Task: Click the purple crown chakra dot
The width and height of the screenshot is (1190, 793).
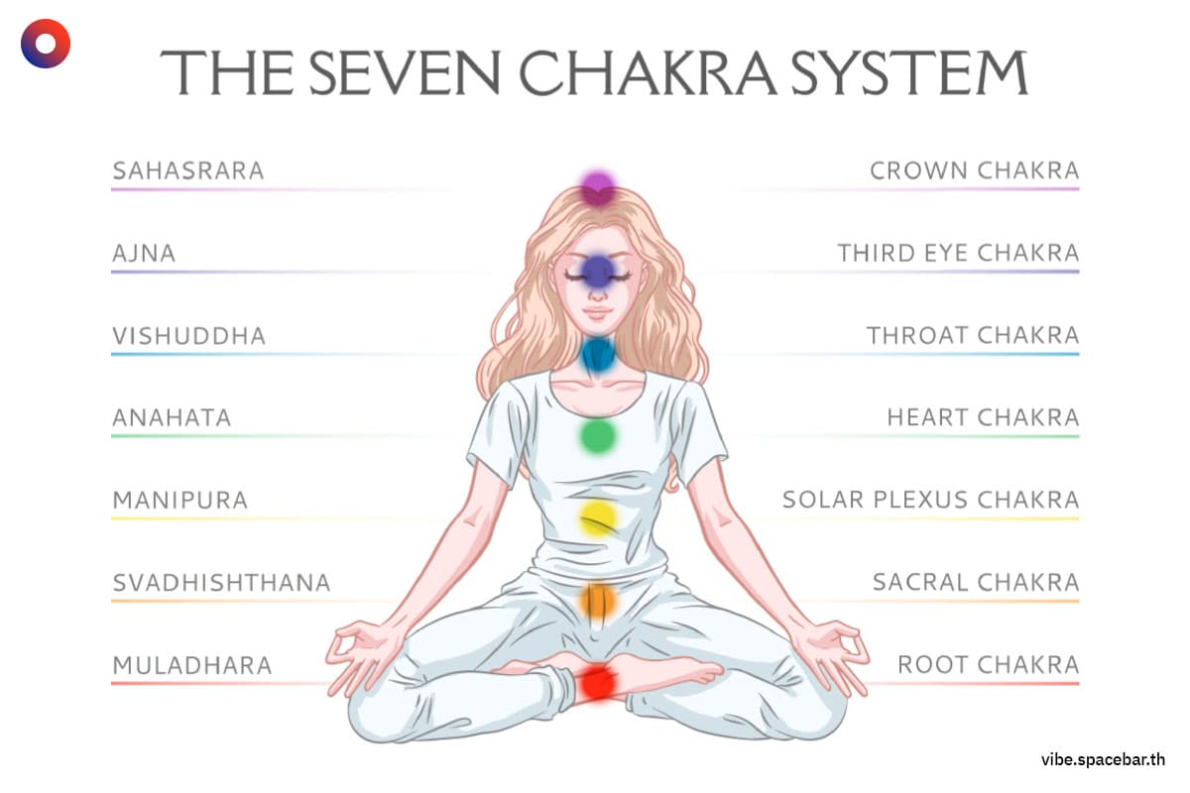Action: pyautogui.click(x=598, y=188)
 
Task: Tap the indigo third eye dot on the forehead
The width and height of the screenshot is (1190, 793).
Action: pyautogui.click(x=598, y=271)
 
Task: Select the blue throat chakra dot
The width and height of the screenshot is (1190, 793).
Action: pyautogui.click(x=598, y=354)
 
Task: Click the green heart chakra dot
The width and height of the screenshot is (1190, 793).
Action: pyautogui.click(x=598, y=436)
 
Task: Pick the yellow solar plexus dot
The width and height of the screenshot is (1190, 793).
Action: pyautogui.click(x=598, y=518)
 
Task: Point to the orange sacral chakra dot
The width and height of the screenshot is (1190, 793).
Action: pyautogui.click(x=598, y=601)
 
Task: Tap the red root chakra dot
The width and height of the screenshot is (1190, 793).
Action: pyautogui.click(x=598, y=683)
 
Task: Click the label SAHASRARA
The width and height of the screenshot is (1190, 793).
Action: pyautogui.click(x=188, y=171)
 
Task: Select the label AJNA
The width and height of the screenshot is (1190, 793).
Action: pyautogui.click(x=144, y=254)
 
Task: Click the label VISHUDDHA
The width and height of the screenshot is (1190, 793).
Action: pyautogui.click(x=189, y=336)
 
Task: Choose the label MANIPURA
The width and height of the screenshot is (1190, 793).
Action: pyautogui.click(x=180, y=500)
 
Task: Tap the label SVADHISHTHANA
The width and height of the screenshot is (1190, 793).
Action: pyautogui.click(x=221, y=583)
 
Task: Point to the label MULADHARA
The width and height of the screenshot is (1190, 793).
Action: pyautogui.click(x=192, y=665)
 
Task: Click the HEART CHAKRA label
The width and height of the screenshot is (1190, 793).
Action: pyautogui.click(x=984, y=417)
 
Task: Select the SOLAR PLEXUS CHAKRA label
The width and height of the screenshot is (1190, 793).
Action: pyautogui.click(x=931, y=500)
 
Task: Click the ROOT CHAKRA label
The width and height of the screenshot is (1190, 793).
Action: pyautogui.click(x=989, y=665)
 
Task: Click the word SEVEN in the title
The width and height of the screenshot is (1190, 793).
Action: pyautogui.click(x=405, y=72)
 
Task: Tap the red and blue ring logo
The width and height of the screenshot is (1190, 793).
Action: pyautogui.click(x=46, y=44)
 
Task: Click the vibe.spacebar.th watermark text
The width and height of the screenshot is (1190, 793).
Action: pyautogui.click(x=1104, y=759)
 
